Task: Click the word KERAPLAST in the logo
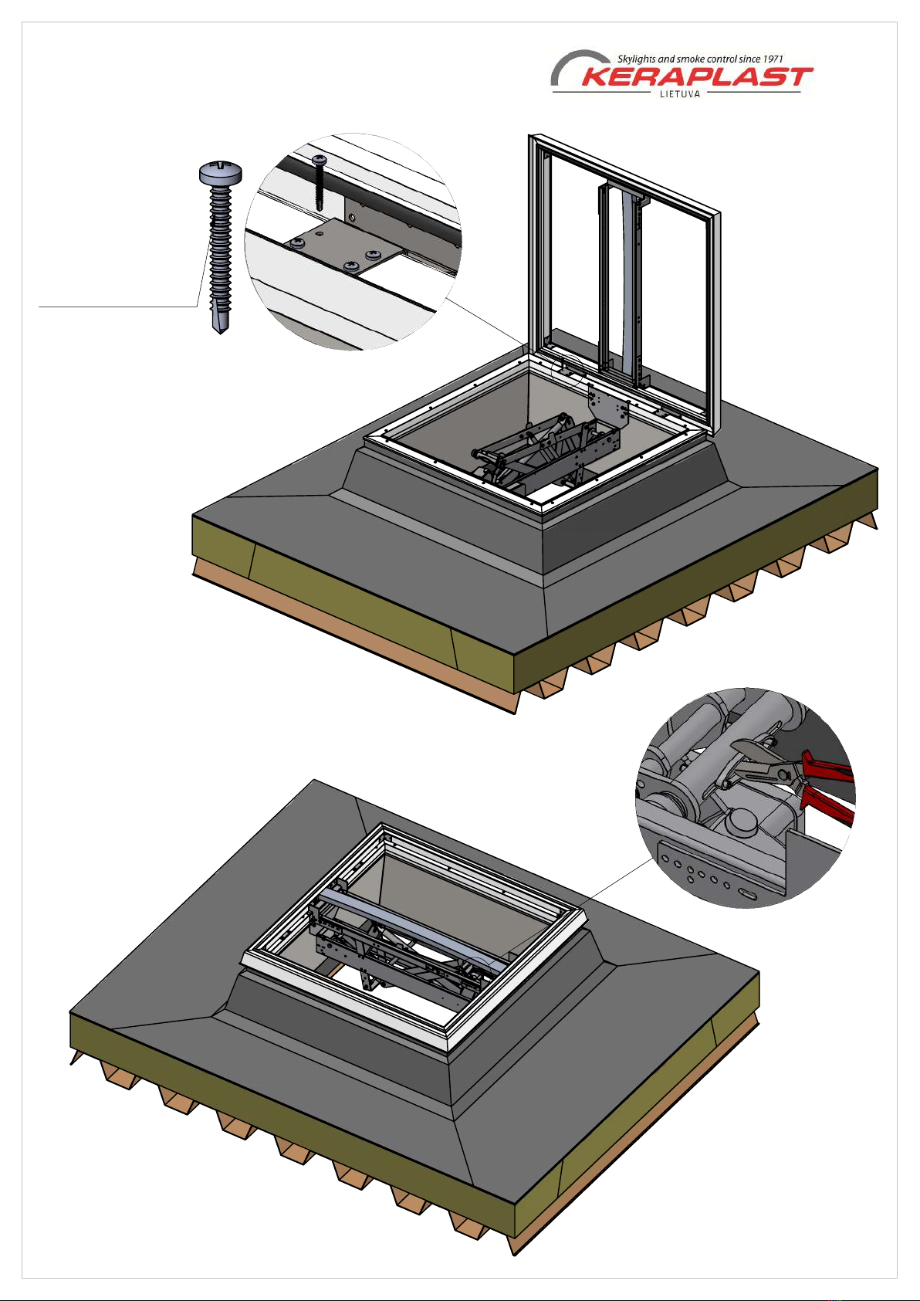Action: tap(696, 76)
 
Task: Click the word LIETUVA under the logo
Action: tap(680, 94)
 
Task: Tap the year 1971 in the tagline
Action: tap(773, 59)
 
